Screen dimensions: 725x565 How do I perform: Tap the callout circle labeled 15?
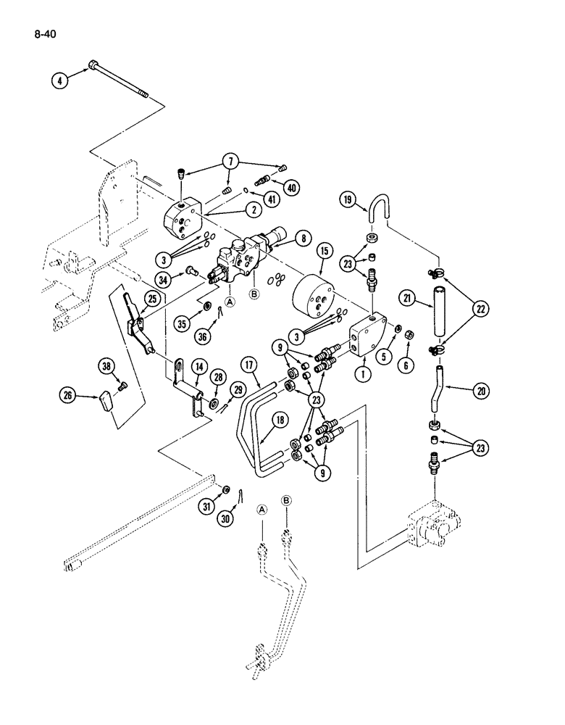click(324, 252)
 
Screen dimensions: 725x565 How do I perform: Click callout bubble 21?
click(408, 298)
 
